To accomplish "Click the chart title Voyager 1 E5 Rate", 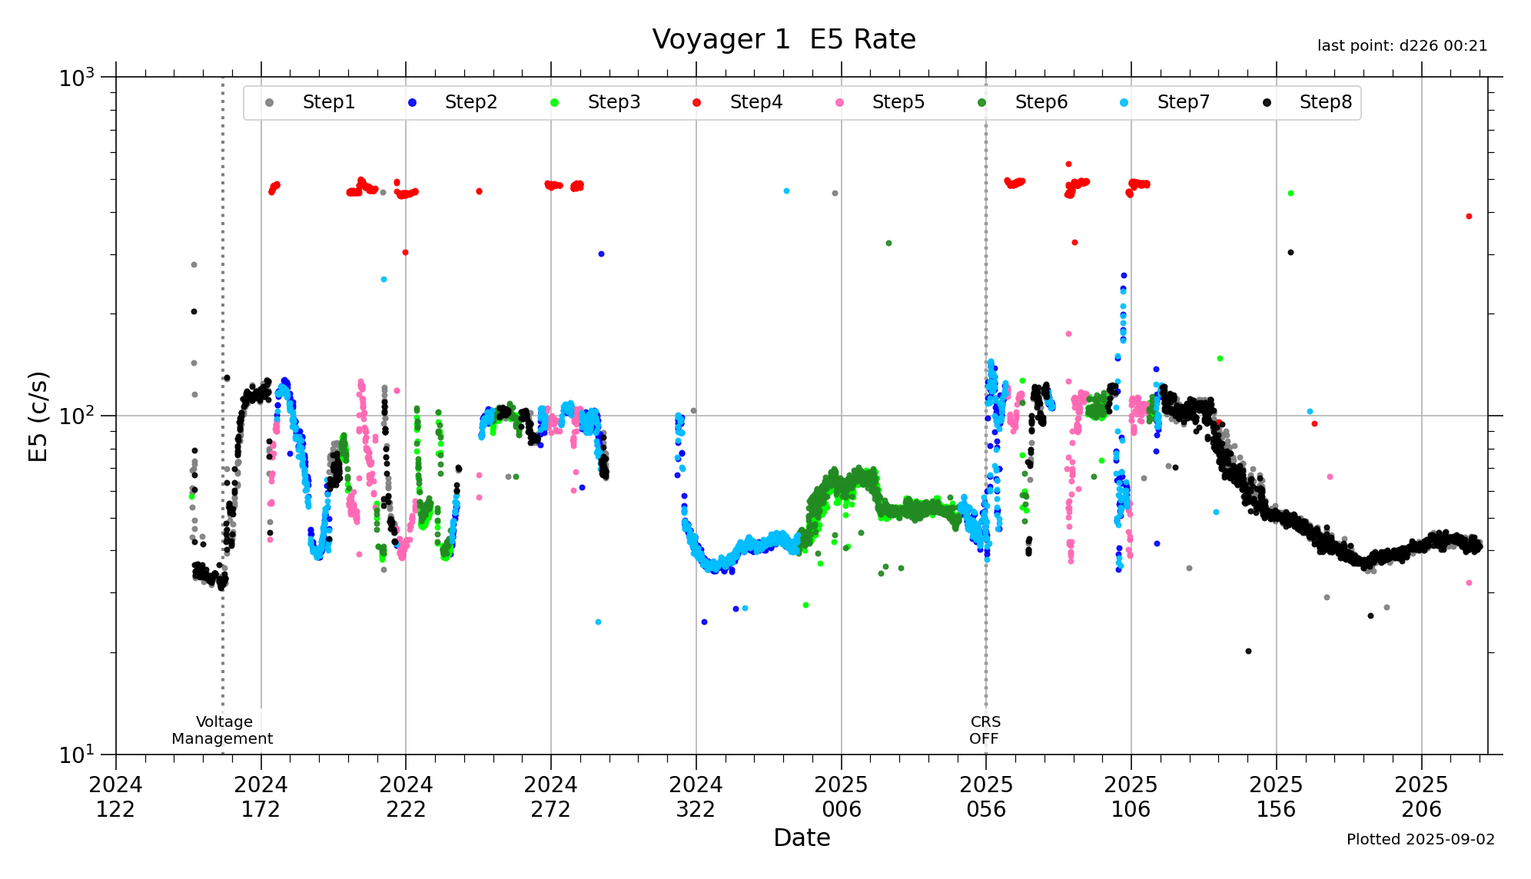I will pyautogui.click(x=783, y=39).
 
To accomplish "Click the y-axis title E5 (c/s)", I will pyautogui.click(x=38, y=416).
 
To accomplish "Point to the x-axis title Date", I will pyautogui.click(x=802, y=838).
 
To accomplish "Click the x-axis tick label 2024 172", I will pyautogui.click(x=261, y=797).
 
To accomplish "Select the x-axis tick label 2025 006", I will pyautogui.click(x=841, y=797).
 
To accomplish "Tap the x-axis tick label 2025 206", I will pyautogui.click(x=1421, y=797).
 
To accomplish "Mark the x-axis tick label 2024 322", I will pyautogui.click(x=696, y=797).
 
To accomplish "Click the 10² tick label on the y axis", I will pyautogui.click(x=77, y=416).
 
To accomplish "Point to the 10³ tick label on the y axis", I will pyautogui.click(x=77, y=78).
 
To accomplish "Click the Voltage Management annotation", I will pyautogui.click(x=223, y=730).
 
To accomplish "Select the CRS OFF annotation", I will pyautogui.click(x=985, y=730).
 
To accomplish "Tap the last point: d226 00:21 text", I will pyautogui.click(x=1402, y=46).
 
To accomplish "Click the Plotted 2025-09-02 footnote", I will pyautogui.click(x=1420, y=839).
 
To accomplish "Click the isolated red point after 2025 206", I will pyautogui.click(x=1469, y=217).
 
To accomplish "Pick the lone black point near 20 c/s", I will pyautogui.click(x=1248, y=652).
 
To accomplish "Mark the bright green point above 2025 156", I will pyautogui.click(x=1290, y=194).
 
